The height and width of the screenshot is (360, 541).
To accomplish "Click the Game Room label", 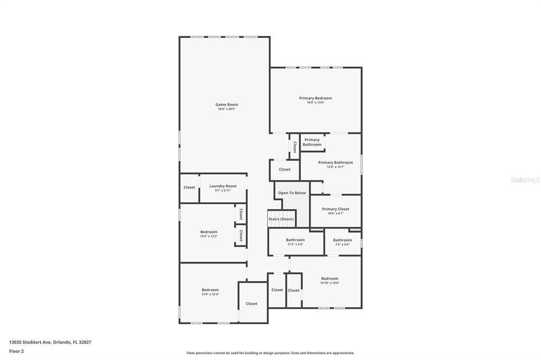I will tap(226, 105).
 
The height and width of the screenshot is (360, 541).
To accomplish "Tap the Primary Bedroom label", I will tap(315, 98).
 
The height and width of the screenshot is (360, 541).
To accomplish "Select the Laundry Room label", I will tap(222, 186).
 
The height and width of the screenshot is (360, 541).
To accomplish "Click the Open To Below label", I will tap(292, 193).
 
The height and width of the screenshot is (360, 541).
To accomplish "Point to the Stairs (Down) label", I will tap(281, 219).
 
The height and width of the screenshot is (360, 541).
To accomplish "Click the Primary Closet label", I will tap(335, 209).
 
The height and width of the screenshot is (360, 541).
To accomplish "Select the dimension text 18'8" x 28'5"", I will tap(226, 109).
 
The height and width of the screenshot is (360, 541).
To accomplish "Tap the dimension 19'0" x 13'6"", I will tap(315, 102).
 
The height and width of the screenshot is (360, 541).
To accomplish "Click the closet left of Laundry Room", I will tap(189, 187).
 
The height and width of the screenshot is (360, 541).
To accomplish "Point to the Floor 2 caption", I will tap(16, 350).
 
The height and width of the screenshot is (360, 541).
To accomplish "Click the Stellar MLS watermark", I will tap(525, 180).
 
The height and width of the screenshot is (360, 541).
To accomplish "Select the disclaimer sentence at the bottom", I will tap(270, 353).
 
